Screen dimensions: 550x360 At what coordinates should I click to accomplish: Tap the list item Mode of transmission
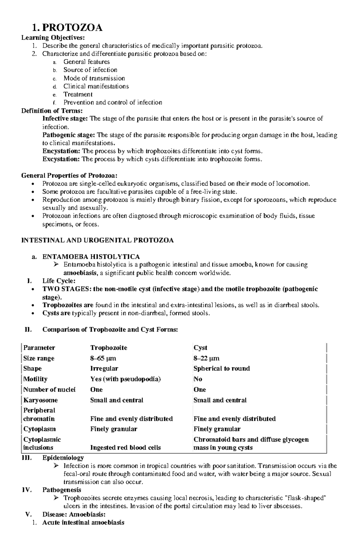pyautogui.click(x=94, y=78)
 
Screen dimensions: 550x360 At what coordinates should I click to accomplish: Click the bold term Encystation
pyautogui.click(x=61, y=151)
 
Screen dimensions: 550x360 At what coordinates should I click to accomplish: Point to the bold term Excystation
pyautogui.click(x=61, y=159)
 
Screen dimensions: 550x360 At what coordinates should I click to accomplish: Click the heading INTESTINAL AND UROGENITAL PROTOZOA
pyautogui.click(x=97, y=240)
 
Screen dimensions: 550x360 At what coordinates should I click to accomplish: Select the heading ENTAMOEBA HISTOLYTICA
pyautogui.click(x=91, y=257)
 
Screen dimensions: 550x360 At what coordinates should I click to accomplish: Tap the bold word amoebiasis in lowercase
pyautogui.click(x=80, y=273)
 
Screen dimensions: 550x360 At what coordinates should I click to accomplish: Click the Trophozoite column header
pyautogui.click(x=109, y=348)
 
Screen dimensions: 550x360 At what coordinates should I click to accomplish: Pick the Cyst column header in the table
pyautogui.click(x=200, y=348)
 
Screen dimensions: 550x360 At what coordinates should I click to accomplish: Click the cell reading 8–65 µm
pyautogui.click(x=103, y=358)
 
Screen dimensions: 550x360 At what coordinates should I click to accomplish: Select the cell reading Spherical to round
pyautogui.click(x=221, y=368)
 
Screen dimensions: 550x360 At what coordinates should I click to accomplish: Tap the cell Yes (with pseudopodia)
pyautogui.click(x=125, y=379)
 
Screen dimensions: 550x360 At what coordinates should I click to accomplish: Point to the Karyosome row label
pyautogui.click(x=40, y=400)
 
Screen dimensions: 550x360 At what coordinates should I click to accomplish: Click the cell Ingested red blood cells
pyautogui.click(x=125, y=447)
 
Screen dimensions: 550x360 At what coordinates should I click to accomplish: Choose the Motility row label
pyautogui.click(x=35, y=379)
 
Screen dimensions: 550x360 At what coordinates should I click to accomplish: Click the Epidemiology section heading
pyautogui.click(x=63, y=458)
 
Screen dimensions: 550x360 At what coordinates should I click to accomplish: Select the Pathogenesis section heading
pyautogui.click(x=62, y=490)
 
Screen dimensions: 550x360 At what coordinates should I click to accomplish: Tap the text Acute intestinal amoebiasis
pyautogui.click(x=83, y=522)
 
